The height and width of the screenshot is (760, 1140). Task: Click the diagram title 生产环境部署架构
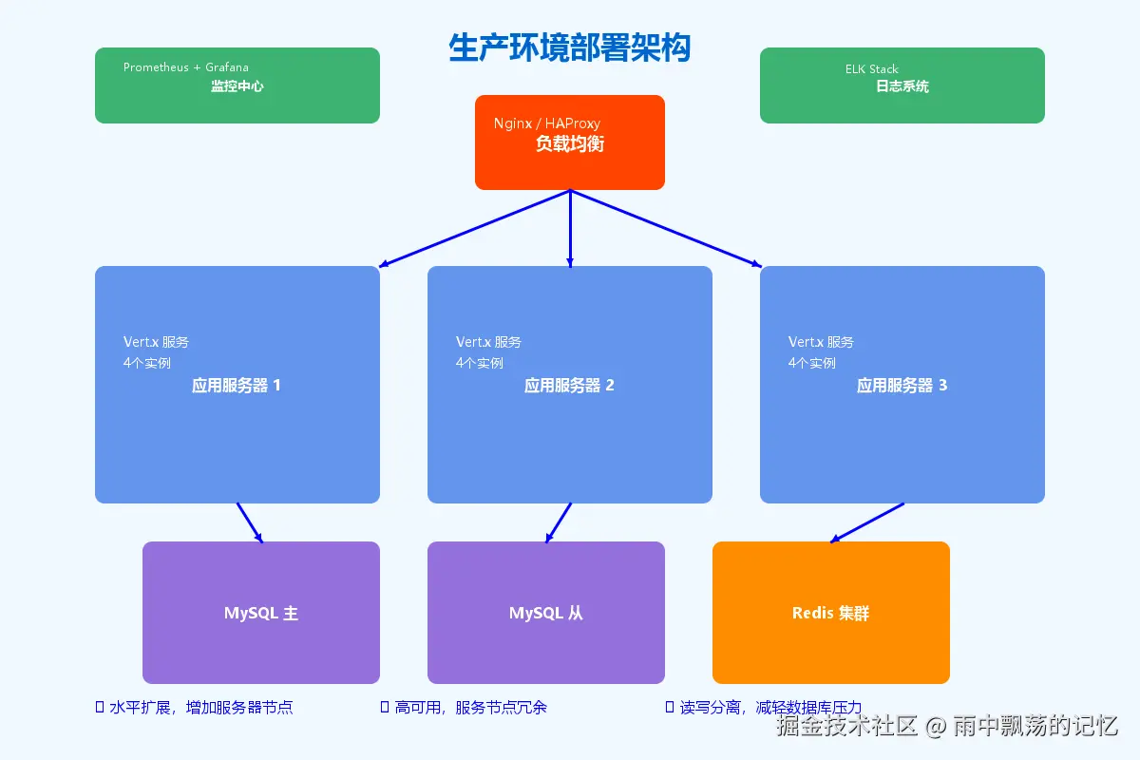pos(569,47)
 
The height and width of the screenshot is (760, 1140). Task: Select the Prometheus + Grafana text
pos(186,67)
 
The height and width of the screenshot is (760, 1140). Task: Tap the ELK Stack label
pos(871,69)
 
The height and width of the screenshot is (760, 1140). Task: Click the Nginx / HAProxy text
pos(546,123)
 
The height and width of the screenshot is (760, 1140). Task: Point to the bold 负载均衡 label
pos(570,144)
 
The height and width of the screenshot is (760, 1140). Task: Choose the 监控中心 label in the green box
pos(237,86)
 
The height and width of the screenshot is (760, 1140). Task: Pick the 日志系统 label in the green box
pos(902,86)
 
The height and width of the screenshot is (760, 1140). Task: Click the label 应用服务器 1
pos(237,386)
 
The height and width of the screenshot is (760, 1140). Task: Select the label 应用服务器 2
pos(569,386)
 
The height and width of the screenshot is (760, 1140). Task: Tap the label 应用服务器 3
pos(902,386)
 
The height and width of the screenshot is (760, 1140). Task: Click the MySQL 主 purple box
pos(261,613)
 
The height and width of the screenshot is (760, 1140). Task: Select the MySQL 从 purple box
pos(546,613)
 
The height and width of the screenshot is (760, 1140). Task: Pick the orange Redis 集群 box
pos(831,613)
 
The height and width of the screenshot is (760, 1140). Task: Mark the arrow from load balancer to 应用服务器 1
pos(475,228)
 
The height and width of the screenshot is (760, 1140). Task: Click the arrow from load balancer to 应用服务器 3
pos(665,228)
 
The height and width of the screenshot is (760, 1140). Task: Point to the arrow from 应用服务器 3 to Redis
pos(867,522)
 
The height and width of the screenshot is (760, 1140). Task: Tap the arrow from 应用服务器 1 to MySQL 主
pos(249,522)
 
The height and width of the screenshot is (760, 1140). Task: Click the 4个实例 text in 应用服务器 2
pos(479,363)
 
